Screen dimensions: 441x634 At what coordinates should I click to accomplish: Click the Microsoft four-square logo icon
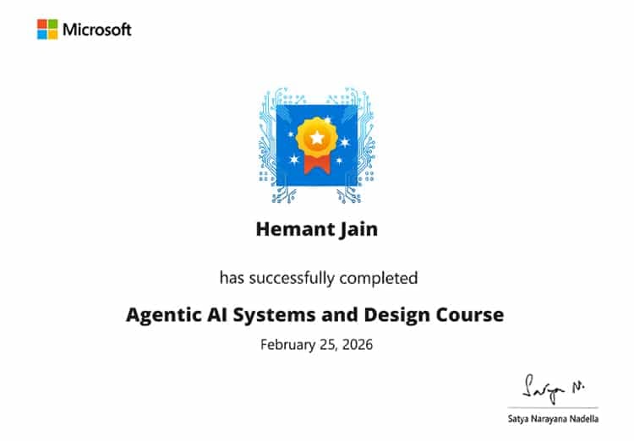click(x=46, y=30)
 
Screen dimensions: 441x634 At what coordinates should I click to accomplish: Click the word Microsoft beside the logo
click(x=97, y=30)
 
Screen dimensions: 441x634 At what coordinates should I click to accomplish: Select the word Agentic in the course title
click(x=162, y=316)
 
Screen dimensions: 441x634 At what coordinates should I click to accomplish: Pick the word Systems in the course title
click(x=272, y=316)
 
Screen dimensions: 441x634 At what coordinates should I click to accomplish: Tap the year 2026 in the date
click(x=356, y=345)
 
